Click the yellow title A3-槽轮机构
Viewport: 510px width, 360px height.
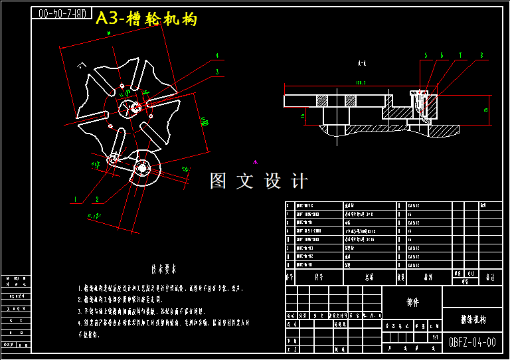[x=147, y=19]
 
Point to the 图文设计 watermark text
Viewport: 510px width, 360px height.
[x=259, y=181]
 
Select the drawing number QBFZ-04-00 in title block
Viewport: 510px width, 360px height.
[x=472, y=343]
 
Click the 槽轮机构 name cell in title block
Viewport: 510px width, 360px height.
[x=472, y=319]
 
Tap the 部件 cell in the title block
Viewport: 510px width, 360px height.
[x=412, y=302]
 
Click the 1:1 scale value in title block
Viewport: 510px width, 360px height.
[x=435, y=337]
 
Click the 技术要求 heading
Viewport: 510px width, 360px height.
[x=163, y=270]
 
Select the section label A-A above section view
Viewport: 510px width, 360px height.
[x=362, y=64]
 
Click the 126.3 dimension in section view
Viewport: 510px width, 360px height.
[x=361, y=82]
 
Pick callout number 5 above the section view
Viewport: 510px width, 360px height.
[x=426, y=55]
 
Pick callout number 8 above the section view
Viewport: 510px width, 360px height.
[x=481, y=55]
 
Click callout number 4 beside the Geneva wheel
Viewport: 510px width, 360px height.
[x=217, y=56]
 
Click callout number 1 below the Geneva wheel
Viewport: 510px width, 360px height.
[x=76, y=199]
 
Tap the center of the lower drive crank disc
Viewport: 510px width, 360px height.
[x=141, y=168]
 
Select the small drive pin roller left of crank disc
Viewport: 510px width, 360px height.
[x=114, y=158]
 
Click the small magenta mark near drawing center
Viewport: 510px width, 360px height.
[x=255, y=161]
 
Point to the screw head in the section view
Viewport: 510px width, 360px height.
[x=417, y=92]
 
